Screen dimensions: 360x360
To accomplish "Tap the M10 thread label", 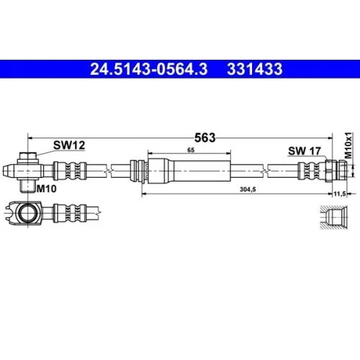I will pyautogui.click(x=47, y=188).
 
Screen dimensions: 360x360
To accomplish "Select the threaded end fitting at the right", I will pyautogui.click(x=337, y=170).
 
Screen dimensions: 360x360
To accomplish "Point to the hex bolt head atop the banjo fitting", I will pyautogui.click(x=27, y=156).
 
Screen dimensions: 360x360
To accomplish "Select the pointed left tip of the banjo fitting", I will pyautogui.click(x=5, y=170).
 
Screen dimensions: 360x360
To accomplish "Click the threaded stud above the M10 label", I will pyautogui.click(x=27, y=186).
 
